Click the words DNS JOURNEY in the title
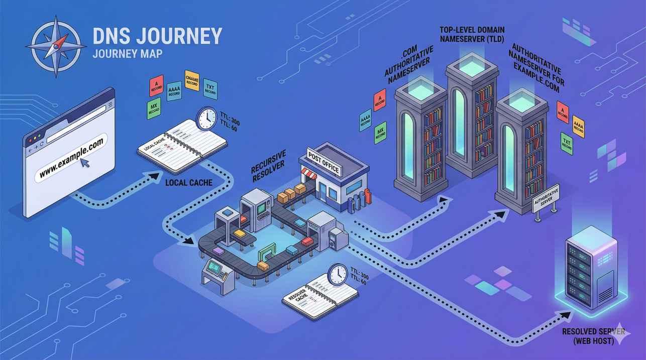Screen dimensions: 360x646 pyautogui.click(x=157, y=36)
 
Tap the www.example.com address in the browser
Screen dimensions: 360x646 pyautogui.click(x=71, y=158)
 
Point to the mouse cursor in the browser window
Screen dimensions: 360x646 pyautogui.click(x=85, y=162)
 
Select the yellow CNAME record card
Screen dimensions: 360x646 pyautogui.click(x=192, y=79)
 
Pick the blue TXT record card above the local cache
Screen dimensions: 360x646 pyautogui.click(x=210, y=89)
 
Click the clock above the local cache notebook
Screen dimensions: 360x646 pyautogui.click(x=206, y=119)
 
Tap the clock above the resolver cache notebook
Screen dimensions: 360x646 pyautogui.click(x=337, y=274)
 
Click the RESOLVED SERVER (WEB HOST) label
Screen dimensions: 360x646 pyautogui.click(x=594, y=336)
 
